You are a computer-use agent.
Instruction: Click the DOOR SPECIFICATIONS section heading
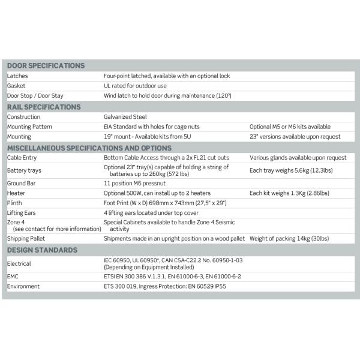tap(46, 65)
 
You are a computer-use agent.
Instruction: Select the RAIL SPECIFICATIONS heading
tap(44, 107)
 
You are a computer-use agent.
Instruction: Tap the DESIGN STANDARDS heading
tap(42, 250)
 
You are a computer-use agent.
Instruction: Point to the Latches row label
tap(17, 76)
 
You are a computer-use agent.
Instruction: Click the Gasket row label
tap(16, 86)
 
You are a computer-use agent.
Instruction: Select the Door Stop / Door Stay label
tap(35, 95)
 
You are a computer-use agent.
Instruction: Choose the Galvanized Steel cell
tap(125, 117)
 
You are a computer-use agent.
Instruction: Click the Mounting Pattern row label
tap(29, 127)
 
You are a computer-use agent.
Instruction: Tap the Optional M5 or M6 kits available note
tap(290, 127)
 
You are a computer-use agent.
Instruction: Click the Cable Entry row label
tap(23, 158)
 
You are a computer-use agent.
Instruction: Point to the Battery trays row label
tap(25, 170)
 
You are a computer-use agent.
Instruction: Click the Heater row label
tap(16, 193)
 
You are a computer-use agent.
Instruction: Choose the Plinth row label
tap(15, 203)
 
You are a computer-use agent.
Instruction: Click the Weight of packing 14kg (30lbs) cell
tap(289, 238)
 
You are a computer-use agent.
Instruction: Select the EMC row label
tap(14, 277)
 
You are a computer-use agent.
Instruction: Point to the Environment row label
tap(23, 287)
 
